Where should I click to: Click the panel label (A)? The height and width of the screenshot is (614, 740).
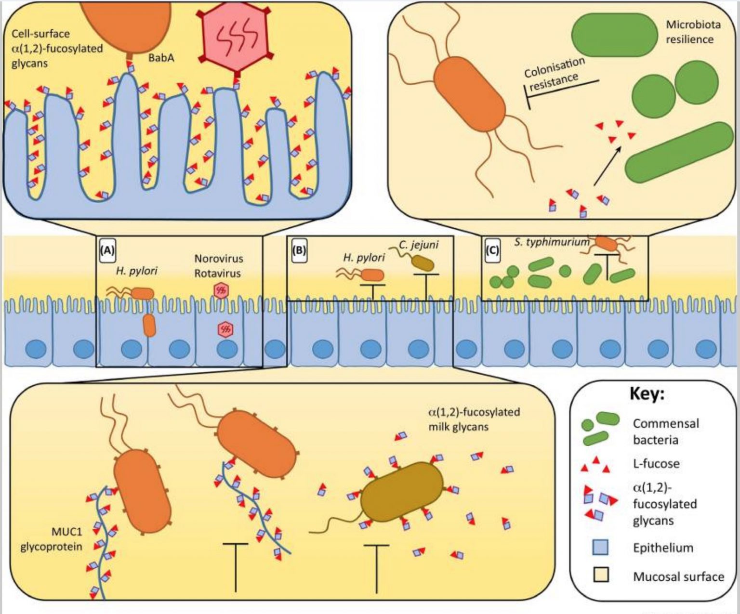coord(107,251)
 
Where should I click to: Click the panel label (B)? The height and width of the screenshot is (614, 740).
coord(299,250)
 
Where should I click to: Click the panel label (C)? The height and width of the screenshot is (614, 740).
coord(492,250)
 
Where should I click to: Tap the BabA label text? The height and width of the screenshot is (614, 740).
coord(161,58)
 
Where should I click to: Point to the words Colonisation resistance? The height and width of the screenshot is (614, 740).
coord(554,74)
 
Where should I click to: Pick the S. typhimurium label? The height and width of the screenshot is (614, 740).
coord(551,242)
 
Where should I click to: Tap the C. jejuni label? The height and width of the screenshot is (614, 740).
coord(418,244)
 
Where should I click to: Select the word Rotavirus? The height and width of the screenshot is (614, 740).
coord(217,273)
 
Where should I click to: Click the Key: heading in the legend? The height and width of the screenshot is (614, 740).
coord(647,393)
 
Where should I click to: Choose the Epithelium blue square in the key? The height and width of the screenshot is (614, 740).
coord(600,548)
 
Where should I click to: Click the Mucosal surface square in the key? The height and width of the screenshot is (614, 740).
coord(600,575)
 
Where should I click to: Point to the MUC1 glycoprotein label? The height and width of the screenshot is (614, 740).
coord(51,539)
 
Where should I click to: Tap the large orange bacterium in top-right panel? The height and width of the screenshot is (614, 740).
coord(469,94)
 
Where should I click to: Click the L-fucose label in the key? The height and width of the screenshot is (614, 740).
coord(656,464)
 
